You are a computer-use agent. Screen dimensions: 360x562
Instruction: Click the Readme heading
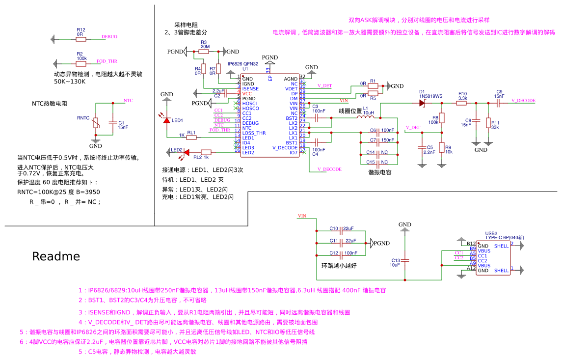[x=56, y=256]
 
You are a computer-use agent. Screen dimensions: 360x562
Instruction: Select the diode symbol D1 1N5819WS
[x=422, y=103]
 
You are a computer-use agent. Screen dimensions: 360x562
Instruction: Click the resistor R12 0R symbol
[x=80, y=38]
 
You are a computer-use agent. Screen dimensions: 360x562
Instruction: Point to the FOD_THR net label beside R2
[x=107, y=61]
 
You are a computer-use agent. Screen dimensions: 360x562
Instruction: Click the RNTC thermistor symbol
[x=96, y=123]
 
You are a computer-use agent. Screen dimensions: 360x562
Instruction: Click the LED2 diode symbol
[x=186, y=152]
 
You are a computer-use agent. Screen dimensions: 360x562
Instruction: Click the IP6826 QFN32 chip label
[x=243, y=64]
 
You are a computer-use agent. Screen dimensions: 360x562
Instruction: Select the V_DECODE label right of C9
[x=523, y=100]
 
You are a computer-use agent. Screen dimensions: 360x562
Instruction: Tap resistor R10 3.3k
[x=462, y=103]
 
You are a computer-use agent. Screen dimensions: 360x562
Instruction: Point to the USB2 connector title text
[x=491, y=233]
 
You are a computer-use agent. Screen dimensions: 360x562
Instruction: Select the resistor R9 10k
[x=441, y=148]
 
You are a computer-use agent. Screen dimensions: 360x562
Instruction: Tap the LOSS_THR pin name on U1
[x=254, y=133]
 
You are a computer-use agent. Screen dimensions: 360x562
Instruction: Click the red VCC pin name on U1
[x=247, y=93]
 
